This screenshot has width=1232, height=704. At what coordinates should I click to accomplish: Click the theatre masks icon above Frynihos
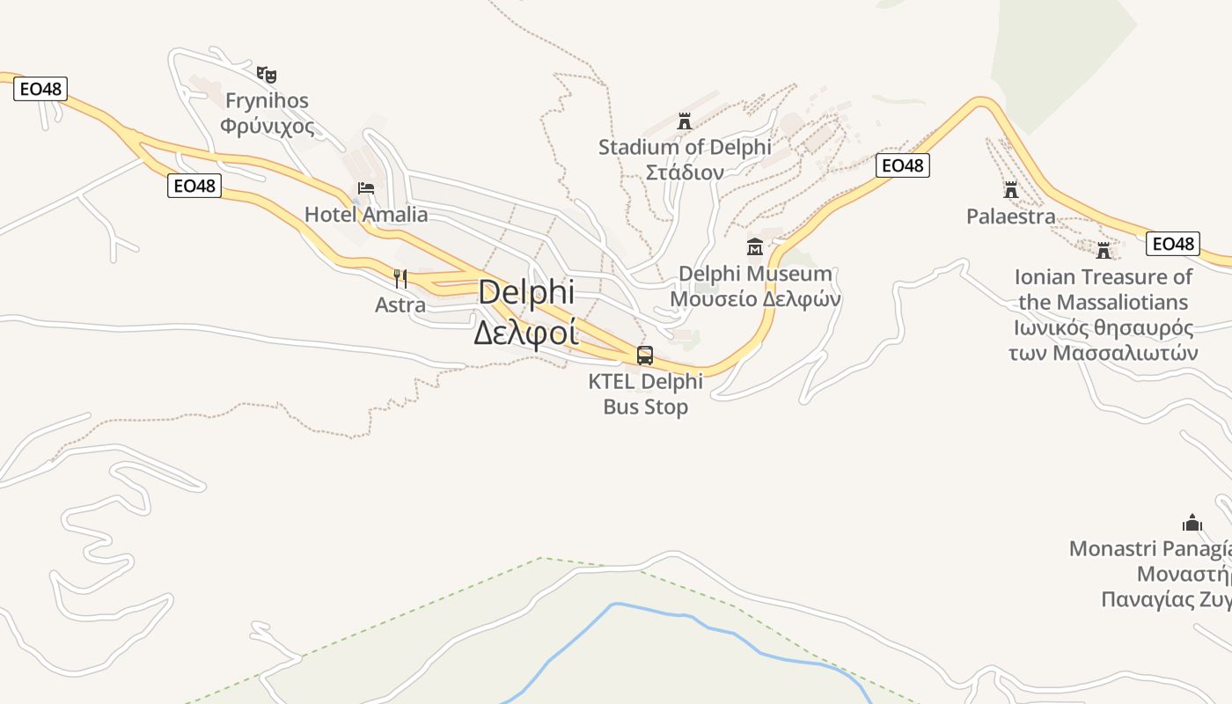(x=267, y=74)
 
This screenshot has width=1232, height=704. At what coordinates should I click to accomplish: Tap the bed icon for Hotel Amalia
(x=366, y=188)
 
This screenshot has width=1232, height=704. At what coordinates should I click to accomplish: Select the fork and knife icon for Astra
(x=400, y=279)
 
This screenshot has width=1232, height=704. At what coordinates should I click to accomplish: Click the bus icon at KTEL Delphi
(x=645, y=356)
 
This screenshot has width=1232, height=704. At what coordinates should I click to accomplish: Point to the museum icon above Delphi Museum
(x=754, y=246)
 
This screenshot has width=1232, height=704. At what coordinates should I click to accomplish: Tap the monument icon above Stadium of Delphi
(x=685, y=121)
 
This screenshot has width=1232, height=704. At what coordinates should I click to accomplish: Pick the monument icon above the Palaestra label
(x=1010, y=190)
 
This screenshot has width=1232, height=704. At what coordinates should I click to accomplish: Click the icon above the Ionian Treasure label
(x=1104, y=250)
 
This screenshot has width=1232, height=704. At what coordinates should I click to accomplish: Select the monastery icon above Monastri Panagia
(x=1192, y=523)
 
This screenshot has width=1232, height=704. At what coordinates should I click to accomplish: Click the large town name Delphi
(x=526, y=293)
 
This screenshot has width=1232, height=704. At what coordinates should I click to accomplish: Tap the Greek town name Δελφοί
(x=526, y=334)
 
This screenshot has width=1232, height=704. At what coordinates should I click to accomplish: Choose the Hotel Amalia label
(x=366, y=215)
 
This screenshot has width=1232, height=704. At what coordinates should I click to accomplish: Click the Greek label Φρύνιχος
(x=268, y=126)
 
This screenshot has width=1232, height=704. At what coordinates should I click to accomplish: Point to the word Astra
(x=400, y=305)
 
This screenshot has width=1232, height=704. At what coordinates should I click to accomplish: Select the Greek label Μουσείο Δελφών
(x=755, y=298)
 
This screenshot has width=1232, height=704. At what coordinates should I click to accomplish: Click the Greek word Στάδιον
(x=685, y=172)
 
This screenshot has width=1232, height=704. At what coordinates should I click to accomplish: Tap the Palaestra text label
(x=1010, y=216)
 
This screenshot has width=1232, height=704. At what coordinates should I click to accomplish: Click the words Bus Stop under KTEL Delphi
(x=645, y=407)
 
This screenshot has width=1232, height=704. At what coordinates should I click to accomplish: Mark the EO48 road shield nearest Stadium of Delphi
(x=903, y=165)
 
